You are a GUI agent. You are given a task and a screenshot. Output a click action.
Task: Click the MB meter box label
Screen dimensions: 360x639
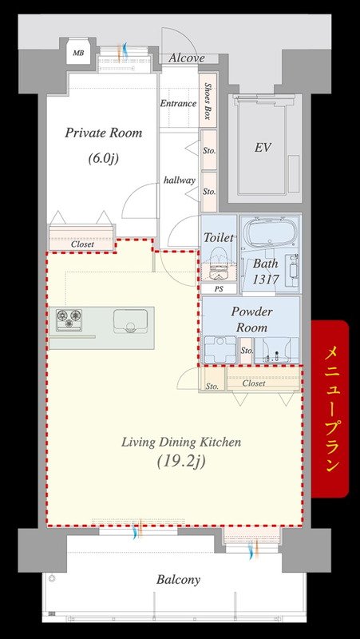77,53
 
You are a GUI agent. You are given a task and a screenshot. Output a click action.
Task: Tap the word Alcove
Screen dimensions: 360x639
186,58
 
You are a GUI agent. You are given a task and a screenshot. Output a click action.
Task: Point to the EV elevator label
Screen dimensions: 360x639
263,147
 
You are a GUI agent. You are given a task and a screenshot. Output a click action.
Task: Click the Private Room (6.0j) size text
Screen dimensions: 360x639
104,158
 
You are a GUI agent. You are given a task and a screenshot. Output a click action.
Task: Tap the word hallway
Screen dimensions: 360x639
180,180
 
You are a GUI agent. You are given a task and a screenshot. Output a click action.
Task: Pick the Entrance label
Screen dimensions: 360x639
178,103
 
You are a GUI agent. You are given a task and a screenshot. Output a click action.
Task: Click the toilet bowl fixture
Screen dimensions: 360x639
219,265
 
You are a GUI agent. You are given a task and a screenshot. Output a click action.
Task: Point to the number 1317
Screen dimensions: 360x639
265,280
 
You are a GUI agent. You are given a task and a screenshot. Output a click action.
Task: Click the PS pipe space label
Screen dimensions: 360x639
219,288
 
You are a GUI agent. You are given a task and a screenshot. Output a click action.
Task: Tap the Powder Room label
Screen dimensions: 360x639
251,319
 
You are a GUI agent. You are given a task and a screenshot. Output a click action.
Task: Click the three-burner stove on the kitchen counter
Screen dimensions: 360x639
69,318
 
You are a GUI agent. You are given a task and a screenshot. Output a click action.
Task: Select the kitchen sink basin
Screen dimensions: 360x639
130,321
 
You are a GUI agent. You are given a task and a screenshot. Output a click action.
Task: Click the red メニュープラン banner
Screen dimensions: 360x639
330,409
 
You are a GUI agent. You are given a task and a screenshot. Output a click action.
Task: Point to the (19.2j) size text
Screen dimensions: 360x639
181,462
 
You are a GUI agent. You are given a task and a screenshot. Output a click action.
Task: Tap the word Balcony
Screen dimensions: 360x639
178,580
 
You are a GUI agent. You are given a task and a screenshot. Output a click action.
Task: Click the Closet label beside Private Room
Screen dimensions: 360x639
82,244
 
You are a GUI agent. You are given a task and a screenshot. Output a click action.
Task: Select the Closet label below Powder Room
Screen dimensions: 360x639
254,383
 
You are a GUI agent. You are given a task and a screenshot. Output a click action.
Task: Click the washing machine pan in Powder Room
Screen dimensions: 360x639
220,349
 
